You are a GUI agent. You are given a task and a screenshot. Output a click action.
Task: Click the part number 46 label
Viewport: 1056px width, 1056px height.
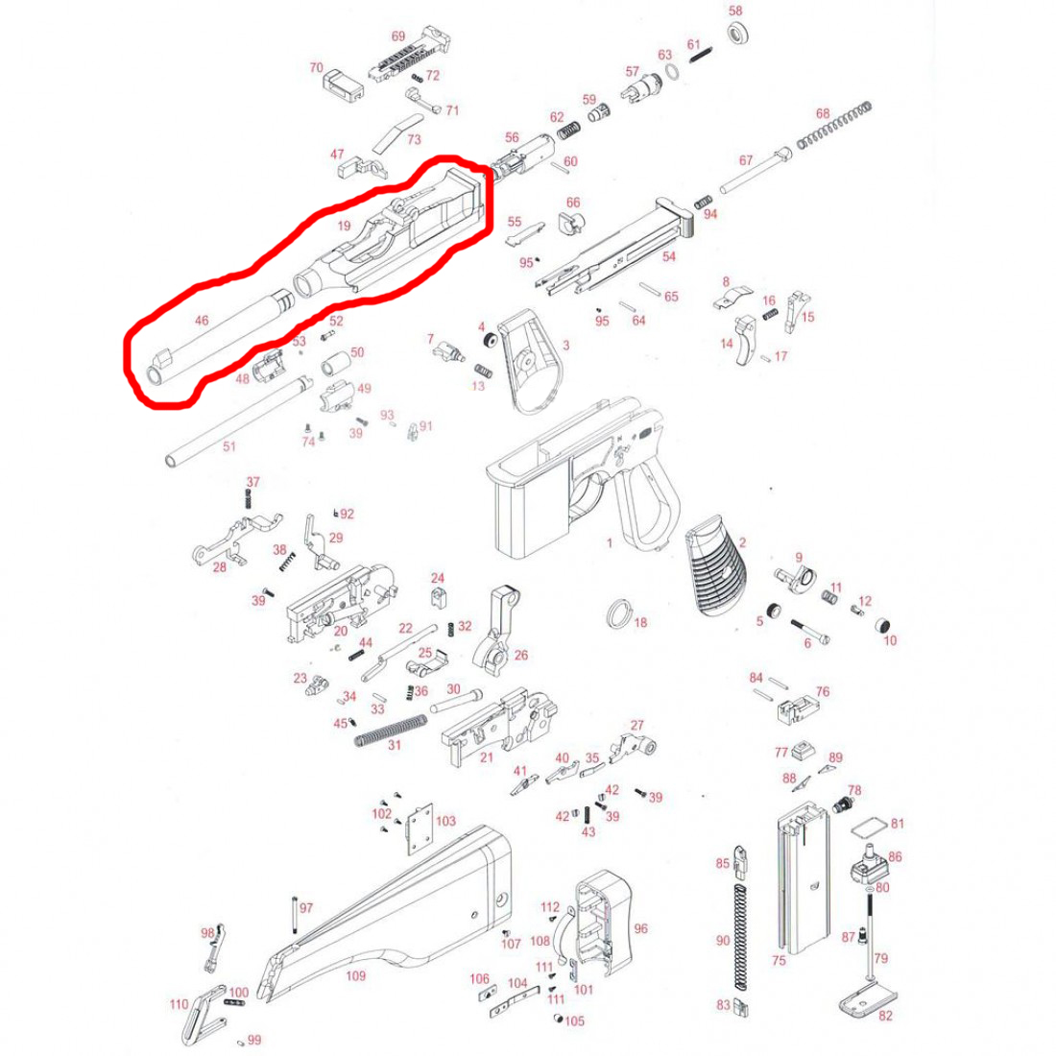pyautogui.click(x=202, y=321)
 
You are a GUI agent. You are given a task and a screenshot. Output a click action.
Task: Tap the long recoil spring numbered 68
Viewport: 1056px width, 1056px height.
pyautogui.click(x=834, y=125)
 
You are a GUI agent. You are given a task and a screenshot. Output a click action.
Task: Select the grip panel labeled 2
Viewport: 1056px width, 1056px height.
pyautogui.click(x=715, y=565)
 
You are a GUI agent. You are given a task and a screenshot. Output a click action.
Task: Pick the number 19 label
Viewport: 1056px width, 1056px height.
pyautogui.click(x=344, y=226)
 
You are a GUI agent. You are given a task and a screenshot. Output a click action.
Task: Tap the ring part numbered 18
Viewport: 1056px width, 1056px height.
pyautogui.click(x=619, y=612)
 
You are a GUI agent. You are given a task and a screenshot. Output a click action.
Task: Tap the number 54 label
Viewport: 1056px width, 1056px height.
pyautogui.click(x=669, y=256)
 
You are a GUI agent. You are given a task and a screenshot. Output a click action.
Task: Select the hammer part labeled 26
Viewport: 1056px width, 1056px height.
pyautogui.click(x=497, y=631)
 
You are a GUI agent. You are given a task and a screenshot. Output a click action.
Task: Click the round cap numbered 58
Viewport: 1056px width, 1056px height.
pyautogui.click(x=739, y=33)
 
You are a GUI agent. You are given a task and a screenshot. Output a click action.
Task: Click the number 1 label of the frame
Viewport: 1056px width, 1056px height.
pyautogui.click(x=610, y=542)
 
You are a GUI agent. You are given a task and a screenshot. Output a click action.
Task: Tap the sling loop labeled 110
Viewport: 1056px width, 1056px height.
pyautogui.click(x=202, y=1015)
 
